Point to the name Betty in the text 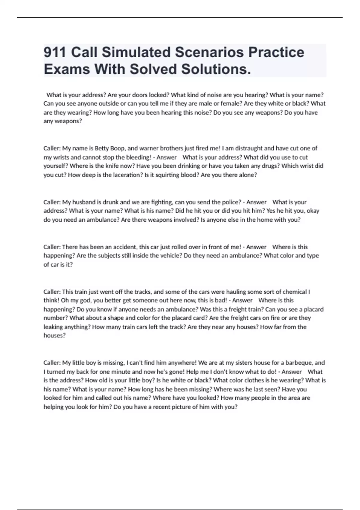[102, 148]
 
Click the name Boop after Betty [118, 148]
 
